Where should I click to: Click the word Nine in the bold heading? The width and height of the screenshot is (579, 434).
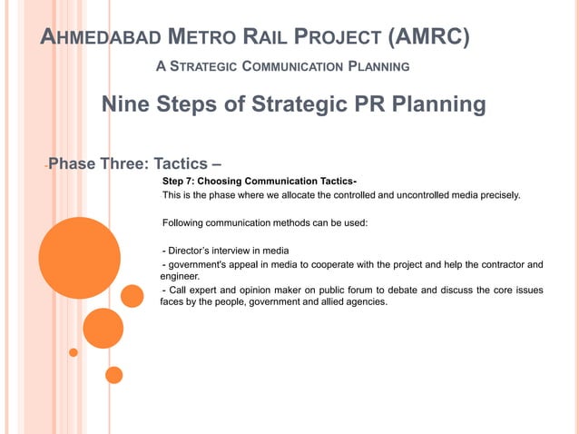tap(127, 105)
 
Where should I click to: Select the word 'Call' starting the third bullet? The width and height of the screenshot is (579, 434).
tap(178, 290)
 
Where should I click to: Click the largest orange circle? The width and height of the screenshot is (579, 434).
tap(79, 259)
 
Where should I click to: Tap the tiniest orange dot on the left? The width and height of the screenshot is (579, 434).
tap(74, 352)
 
